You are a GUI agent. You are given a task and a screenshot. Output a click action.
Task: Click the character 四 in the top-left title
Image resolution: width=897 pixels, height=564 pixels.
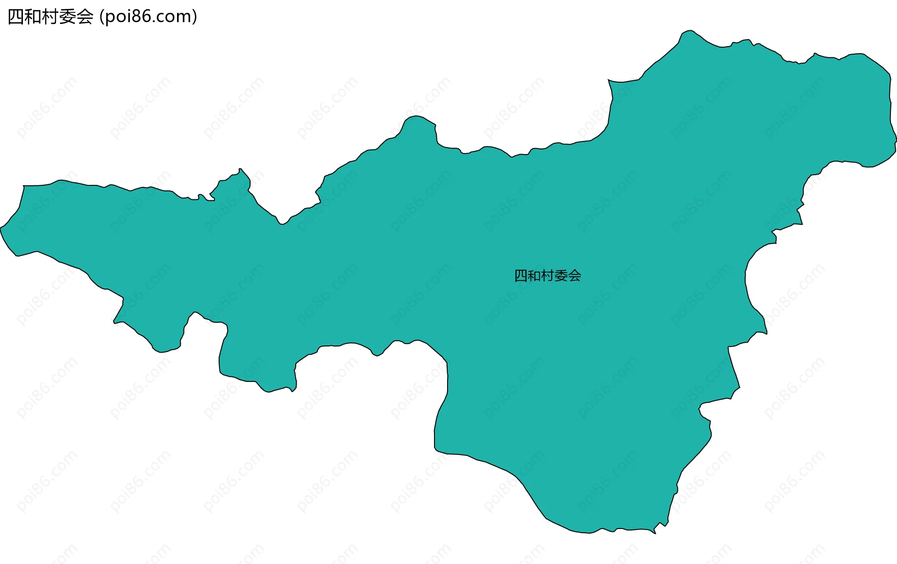click(x=16, y=17)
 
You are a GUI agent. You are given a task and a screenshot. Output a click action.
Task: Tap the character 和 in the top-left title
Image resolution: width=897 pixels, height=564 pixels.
click(x=33, y=17)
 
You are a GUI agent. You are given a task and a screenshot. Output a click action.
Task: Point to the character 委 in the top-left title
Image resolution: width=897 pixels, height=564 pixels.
click(x=68, y=17)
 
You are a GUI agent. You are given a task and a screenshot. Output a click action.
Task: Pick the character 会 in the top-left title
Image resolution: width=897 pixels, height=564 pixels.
click(x=85, y=17)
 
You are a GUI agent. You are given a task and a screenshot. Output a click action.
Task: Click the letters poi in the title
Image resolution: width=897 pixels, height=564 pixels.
click(x=117, y=17)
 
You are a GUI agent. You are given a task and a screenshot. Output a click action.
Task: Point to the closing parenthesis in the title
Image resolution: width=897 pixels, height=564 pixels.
click(x=194, y=17)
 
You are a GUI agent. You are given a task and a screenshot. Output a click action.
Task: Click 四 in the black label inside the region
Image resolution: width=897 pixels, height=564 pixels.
click(x=521, y=276)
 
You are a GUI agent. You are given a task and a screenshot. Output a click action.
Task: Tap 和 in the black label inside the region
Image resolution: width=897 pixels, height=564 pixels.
click(x=534, y=276)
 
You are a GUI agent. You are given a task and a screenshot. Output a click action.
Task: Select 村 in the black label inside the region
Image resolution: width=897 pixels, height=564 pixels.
click(x=548, y=276)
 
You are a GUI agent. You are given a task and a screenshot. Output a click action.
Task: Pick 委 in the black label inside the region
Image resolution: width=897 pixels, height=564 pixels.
click(x=561, y=276)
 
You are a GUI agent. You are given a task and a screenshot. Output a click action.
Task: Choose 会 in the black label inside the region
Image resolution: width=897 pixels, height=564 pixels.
click(x=575, y=276)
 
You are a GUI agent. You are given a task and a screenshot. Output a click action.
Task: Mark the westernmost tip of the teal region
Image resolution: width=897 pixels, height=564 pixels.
click(x=0, y=228)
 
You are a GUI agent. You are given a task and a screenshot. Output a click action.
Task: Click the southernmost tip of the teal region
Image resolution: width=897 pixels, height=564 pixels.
click(x=655, y=534)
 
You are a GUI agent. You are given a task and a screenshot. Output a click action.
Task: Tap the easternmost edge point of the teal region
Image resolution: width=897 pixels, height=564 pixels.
click(x=896, y=140)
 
